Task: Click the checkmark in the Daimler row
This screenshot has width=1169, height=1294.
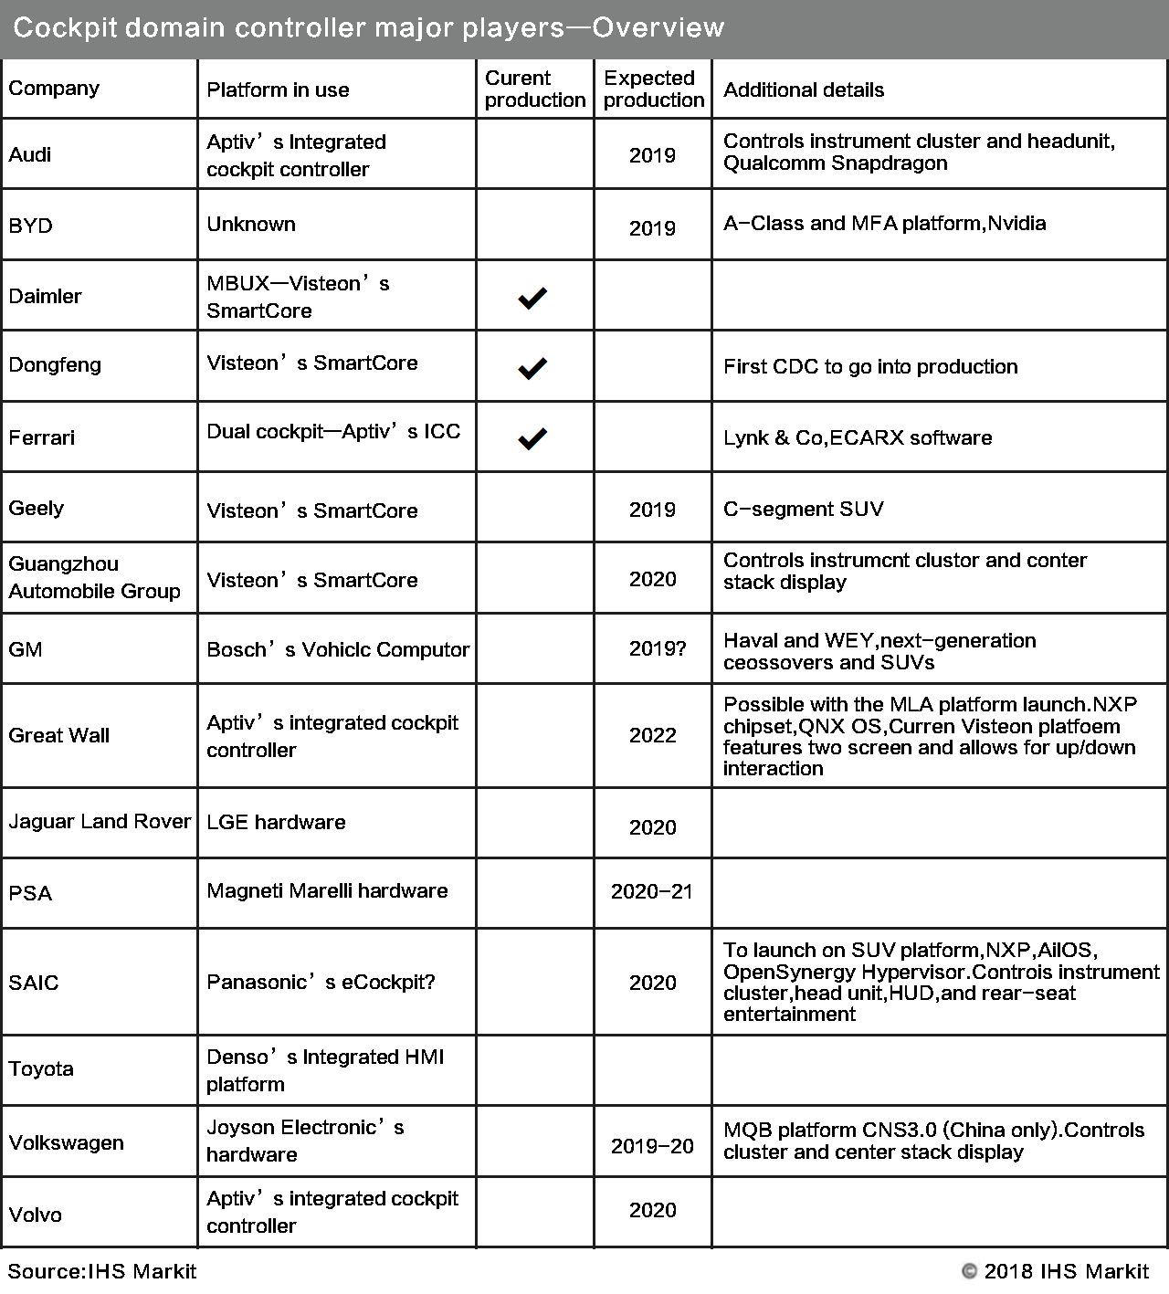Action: (532, 297)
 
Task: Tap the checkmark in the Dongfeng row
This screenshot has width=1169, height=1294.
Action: (532, 368)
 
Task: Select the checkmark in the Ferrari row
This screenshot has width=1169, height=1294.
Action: (532, 438)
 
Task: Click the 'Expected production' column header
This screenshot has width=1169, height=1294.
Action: (653, 89)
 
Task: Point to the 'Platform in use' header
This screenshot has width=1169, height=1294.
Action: (278, 89)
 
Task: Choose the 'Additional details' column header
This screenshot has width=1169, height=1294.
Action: (804, 89)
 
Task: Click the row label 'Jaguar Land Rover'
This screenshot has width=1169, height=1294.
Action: (100, 821)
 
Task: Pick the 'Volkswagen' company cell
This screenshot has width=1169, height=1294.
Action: (66, 1142)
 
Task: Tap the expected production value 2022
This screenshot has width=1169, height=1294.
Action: (652, 735)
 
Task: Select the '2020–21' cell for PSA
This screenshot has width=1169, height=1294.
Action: (652, 891)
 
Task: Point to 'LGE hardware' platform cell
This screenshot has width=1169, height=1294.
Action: (276, 822)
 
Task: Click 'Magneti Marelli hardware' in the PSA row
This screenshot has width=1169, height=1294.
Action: (327, 890)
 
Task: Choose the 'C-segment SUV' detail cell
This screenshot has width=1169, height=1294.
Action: (804, 509)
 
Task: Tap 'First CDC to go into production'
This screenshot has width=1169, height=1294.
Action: (870, 366)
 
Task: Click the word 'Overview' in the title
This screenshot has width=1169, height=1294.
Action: (658, 27)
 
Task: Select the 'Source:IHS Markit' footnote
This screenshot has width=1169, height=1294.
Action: (102, 1271)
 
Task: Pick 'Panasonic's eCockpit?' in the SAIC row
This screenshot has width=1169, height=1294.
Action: (321, 982)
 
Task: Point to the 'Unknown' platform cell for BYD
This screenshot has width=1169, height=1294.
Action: (251, 224)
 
